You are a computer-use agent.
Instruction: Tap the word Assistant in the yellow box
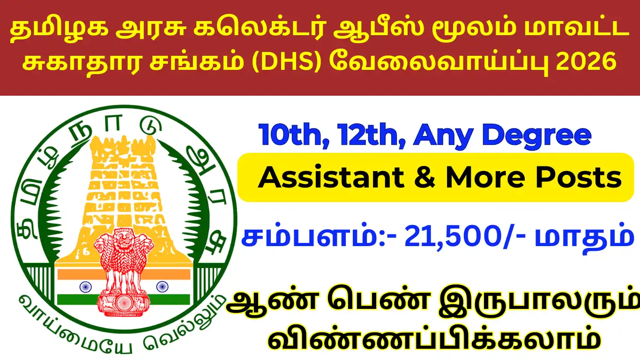(x=331, y=178)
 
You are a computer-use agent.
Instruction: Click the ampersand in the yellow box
(x=424, y=178)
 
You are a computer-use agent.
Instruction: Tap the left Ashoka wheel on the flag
(x=85, y=286)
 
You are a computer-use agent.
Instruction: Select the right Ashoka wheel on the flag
(x=162, y=286)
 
